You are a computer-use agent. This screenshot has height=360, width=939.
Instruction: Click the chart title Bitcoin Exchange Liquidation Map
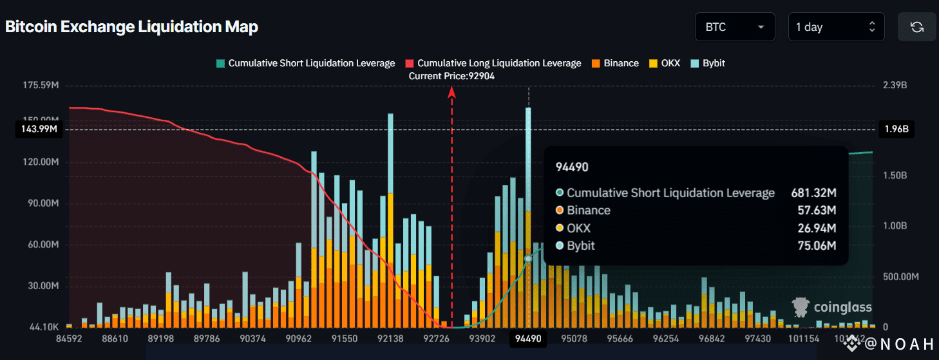click(131, 27)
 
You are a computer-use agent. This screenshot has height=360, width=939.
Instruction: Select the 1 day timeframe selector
click(836, 27)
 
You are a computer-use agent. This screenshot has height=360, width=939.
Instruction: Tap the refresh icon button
click(917, 27)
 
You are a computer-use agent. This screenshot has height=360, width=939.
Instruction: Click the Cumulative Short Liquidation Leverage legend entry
click(305, 63)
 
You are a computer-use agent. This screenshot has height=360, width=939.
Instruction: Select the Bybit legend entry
click(708, 63)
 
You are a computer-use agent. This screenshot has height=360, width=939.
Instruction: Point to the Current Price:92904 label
click(452, 76)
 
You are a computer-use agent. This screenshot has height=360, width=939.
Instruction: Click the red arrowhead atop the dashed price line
click(452, 91)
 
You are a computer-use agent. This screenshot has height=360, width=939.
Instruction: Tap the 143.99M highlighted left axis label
click(36, 129)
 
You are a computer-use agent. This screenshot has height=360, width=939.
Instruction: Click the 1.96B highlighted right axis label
click(896, 129)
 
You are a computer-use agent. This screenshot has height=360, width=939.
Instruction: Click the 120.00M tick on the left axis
click(40, 162)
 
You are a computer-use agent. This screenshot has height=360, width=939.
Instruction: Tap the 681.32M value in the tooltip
click(813, 193)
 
